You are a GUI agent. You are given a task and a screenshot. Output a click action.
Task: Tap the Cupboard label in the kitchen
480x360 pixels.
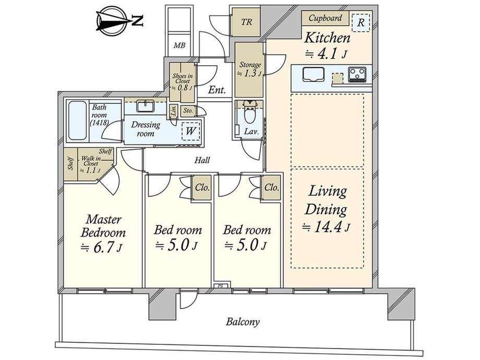[x=325, y=18]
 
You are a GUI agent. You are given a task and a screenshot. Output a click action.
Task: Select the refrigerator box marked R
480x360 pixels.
[x=361, y=22]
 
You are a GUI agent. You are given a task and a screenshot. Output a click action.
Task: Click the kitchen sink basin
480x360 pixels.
[x=314, y=75]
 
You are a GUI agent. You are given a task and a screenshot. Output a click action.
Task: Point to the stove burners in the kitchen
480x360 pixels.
[x=357, y=75]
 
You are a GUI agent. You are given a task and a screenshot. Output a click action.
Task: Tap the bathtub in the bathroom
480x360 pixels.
[x=78, y=121]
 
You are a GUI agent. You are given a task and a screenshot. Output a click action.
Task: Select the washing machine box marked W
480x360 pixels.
[x=191, y=131]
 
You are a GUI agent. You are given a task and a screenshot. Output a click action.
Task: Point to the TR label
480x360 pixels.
[x=246, y=22]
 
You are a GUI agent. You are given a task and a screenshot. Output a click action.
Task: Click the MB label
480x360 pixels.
[x=179, y=45]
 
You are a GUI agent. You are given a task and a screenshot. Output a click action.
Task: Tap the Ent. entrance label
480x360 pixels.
[x=217, y=90]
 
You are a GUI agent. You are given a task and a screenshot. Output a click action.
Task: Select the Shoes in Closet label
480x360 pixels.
[x=183, y=79]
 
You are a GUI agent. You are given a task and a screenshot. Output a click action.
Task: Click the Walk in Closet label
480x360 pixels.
[x=91, y=161]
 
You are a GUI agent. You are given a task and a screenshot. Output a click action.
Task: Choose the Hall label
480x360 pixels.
[x=202, y=160]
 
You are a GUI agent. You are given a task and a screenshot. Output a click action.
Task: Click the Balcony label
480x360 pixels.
[x=243, y=322]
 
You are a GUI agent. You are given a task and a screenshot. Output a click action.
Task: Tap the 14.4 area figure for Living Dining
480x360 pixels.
[x=326, y=227]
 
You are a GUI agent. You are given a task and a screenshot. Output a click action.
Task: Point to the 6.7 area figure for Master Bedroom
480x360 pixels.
[x=102, y=248]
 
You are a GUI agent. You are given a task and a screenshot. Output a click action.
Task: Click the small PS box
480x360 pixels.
[x=220, y=286]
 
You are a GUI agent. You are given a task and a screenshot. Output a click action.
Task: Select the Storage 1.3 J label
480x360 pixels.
[x=250, y=69]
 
